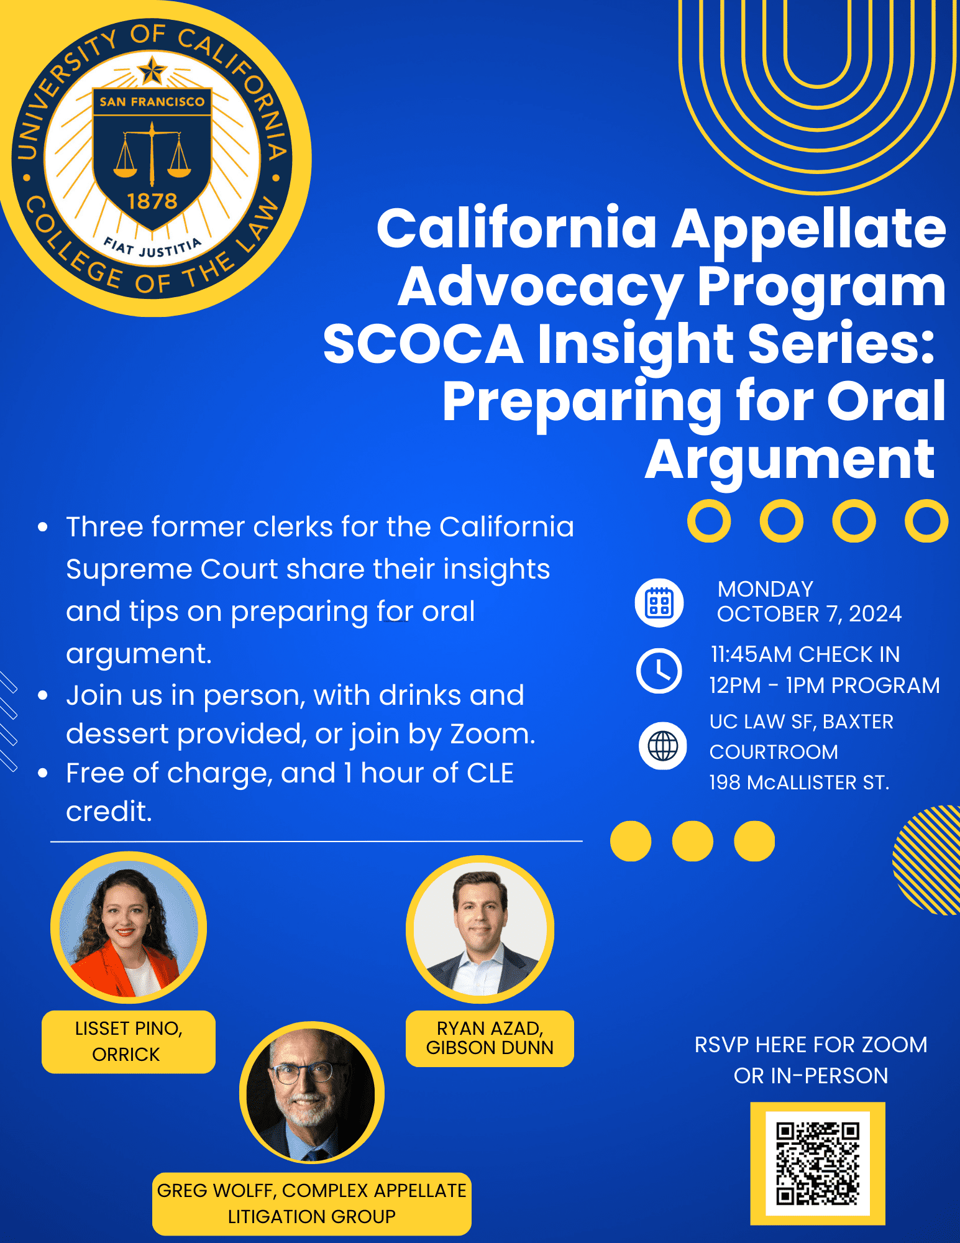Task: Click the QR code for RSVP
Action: (818, 1163)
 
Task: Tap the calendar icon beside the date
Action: (659, 603)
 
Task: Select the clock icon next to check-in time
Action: (659, 671)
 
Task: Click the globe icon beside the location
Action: (663, 746)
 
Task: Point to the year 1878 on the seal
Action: (152, 201)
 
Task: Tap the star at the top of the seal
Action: (152, 70)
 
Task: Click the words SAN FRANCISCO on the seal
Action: (152, 102)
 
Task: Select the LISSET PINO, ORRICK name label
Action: (129, 1042)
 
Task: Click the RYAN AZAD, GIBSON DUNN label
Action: (490, 1039)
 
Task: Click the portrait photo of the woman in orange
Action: (129, 928)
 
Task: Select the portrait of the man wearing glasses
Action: (312, 1092)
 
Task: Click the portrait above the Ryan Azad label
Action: (480, 929)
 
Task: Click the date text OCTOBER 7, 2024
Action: (809, 614)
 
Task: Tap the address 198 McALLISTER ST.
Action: (799, 782)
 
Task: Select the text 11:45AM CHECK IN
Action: (805, 654)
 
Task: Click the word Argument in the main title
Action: (790, 460)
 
